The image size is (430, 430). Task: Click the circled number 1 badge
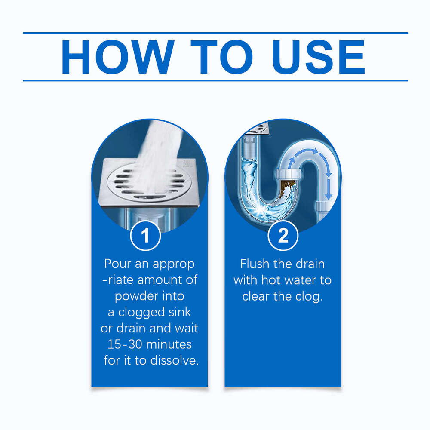pyautogui.click(x=145, y=235)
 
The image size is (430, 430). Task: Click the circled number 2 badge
pyautogui.click(x=283, y=235)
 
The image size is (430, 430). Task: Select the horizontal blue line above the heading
pyautogui.click(x=215, y=32)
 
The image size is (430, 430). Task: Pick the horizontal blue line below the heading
pyautogui.click(x=215, y=80)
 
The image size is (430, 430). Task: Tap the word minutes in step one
pyautogui.click(x=165, y=344)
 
